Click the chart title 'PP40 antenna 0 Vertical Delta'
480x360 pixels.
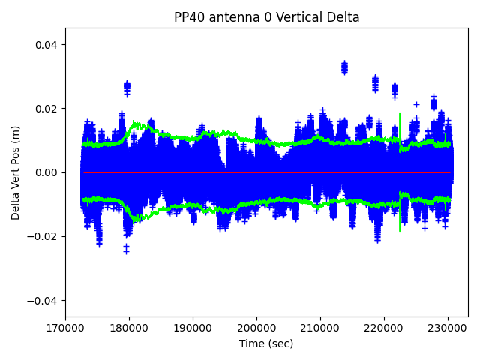point(266,17)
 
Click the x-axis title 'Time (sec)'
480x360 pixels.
point(266,343)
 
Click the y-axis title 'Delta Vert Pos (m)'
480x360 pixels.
point(16,172)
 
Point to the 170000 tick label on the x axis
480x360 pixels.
point(65,328)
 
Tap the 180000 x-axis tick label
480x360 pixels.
point(129,328)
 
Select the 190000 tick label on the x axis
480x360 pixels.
point(193,328)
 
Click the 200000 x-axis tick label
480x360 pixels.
point(257,328)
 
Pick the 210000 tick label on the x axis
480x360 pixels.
point(321,328)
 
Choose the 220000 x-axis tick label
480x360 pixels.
point(385,328)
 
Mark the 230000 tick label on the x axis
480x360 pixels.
point(448,328)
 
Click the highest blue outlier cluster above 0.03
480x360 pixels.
point(344,67)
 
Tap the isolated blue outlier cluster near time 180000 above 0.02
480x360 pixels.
point(127,86)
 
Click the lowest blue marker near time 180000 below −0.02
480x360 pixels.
point(126,250)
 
